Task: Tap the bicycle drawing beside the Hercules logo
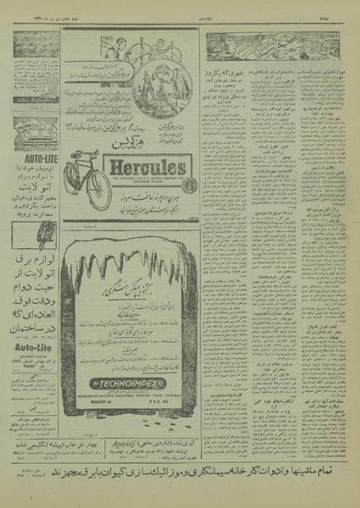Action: point(86,179)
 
